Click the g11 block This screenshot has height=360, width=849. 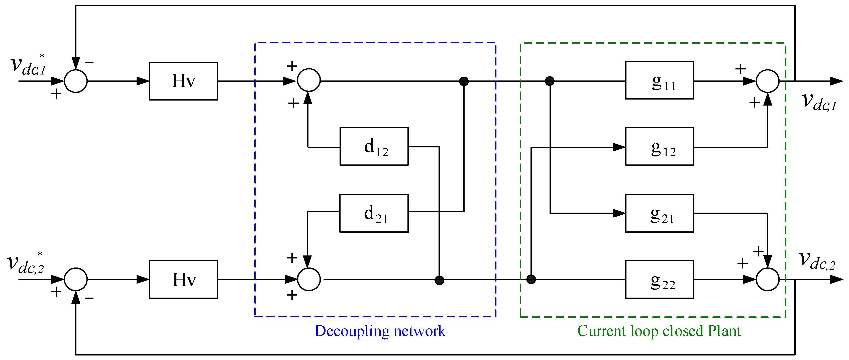point(660,80)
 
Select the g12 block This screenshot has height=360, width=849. point(660,146)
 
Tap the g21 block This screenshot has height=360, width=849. point(660,213)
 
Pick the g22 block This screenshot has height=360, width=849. point(660,280)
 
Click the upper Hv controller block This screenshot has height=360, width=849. point(183,81)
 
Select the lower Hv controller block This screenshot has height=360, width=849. point(183,280)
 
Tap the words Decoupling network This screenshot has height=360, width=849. point(380,331)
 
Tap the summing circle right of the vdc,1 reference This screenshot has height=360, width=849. point(75,81)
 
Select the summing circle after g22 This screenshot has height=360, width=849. point(768,280)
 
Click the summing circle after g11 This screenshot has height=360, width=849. point(768,81)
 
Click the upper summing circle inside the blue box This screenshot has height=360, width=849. point(309,80)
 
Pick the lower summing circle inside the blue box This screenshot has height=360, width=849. point(309,280)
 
